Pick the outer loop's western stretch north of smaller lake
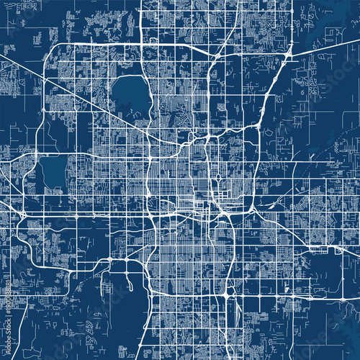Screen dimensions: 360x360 coord(43,108)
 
